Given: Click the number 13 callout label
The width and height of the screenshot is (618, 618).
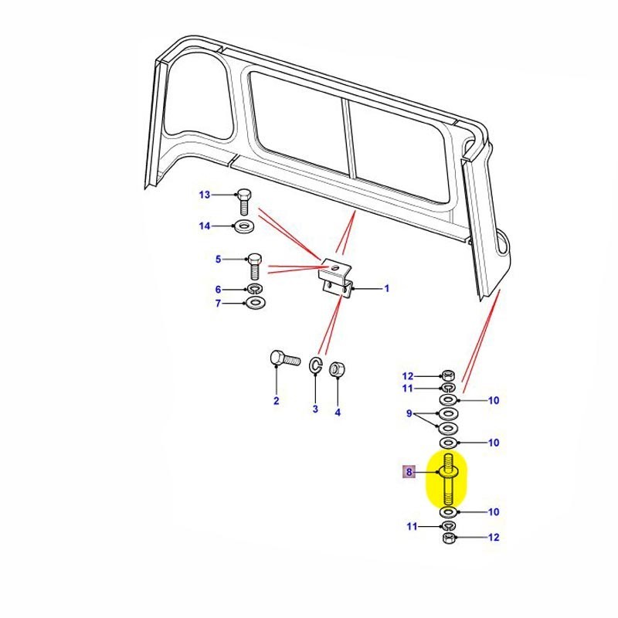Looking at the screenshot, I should click(x=204, y=195).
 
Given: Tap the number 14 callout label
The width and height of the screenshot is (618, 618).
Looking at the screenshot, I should click(x=204, y=226).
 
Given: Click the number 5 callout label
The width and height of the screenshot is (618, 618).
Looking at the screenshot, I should click(x=218, y=259).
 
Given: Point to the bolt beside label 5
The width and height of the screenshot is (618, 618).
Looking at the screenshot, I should click(x=256, y=267).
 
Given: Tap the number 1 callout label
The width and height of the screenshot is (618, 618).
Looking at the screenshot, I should click(x=387, y=288).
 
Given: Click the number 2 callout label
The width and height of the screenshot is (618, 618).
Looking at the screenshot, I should click(x=276, y=400).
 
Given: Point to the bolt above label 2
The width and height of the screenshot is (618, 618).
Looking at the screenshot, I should click(x=284, y=359).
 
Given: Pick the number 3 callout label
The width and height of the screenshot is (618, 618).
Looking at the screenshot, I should click(x=315, y=409).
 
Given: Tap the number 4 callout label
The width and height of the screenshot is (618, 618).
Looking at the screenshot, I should click(x=338, y=413).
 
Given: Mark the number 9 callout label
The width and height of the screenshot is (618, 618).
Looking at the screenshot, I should click(x=410, y=414).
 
